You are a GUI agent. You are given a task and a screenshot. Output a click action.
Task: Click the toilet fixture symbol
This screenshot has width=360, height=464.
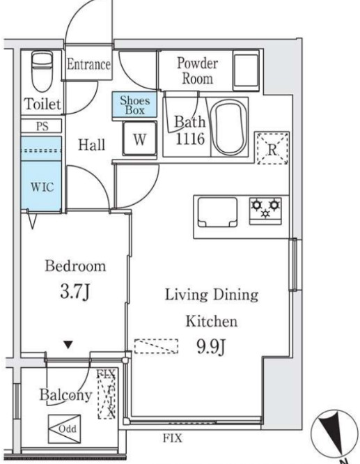(x=42, y=72)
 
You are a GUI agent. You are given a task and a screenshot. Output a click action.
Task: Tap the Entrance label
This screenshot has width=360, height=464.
(x=88, y=64)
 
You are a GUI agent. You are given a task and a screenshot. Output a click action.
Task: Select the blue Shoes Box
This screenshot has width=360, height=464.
(x=134, y=105)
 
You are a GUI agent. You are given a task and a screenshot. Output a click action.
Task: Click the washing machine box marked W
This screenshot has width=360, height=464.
(x=140, y=139)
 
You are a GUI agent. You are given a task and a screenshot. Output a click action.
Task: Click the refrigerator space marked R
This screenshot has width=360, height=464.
(x=272, y=148)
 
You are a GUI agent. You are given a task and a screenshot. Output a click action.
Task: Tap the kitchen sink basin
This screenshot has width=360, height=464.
(x=217, y=212)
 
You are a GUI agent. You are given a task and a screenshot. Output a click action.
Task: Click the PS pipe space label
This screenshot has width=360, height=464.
(x=42, y=126)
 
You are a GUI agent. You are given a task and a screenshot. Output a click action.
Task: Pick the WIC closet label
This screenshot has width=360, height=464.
(x=42, y=187)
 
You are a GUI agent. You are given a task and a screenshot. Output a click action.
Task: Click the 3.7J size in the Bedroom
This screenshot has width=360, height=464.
(x=75, y=293)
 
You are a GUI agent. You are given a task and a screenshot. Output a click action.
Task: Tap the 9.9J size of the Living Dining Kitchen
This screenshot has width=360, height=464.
(x=211, y=346)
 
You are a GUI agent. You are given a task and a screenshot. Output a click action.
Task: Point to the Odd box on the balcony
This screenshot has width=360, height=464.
(x=65, y=428)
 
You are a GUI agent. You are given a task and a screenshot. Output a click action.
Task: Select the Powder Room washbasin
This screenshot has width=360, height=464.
(x=246, y=70)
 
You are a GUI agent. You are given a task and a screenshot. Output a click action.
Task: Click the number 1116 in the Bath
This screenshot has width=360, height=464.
(x=190, y=139)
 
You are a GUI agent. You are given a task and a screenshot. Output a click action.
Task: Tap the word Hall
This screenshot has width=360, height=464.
(x=91, y=145)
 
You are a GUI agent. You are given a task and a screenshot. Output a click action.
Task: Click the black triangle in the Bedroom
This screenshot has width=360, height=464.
(x=68, y=344)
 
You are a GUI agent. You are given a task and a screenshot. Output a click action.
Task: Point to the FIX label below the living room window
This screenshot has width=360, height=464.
(x=173, y=438)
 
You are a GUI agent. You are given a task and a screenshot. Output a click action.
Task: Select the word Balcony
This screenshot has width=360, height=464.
(x=65, y=396)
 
